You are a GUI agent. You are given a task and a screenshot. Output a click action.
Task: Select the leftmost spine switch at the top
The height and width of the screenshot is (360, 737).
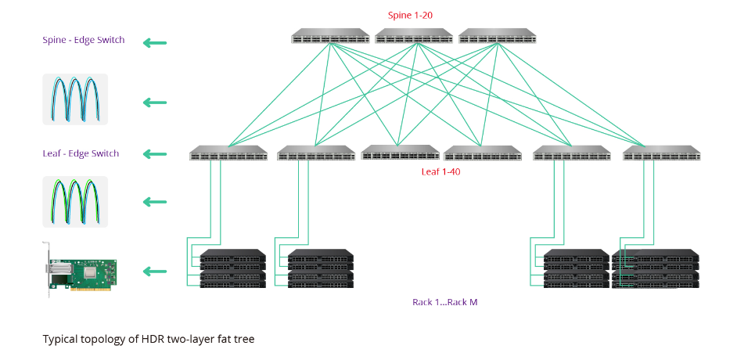330,36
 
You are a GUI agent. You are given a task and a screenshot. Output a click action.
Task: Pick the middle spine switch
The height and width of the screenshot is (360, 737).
414,36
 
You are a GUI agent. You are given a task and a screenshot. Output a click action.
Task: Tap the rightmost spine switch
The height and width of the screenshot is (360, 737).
497,36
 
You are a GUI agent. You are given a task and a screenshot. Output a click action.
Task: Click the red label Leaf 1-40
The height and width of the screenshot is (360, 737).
440,171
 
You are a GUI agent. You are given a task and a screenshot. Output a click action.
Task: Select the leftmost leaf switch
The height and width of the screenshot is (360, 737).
228,153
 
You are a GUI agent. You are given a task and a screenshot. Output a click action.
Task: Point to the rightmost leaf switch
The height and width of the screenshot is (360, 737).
662,153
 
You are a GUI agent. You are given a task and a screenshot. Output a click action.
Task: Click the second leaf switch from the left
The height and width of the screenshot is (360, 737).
316,153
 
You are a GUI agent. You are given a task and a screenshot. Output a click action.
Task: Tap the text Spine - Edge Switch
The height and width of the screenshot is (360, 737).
83,40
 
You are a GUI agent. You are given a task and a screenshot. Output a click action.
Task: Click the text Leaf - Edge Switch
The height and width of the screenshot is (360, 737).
81,153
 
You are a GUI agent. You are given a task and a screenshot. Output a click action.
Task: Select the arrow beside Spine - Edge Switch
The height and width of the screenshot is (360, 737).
155,43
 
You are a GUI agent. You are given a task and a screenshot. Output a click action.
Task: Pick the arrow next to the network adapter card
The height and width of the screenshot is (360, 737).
155,272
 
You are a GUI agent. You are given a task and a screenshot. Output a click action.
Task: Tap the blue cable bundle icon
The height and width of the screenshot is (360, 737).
75,99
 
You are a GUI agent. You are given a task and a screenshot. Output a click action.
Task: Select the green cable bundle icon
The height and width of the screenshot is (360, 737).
75,201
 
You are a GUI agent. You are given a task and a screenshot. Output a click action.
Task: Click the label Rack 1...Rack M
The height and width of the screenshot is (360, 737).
444,302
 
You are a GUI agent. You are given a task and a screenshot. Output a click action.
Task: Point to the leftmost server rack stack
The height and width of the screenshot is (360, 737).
233,268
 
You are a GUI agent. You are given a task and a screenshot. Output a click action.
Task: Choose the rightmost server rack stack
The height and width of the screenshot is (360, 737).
656,268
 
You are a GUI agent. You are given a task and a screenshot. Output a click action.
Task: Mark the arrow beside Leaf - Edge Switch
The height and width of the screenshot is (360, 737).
155,153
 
